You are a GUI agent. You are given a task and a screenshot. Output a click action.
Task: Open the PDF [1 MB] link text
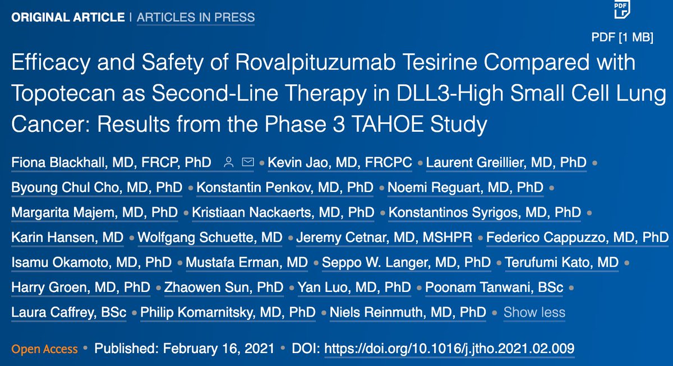click(x=622, y=38)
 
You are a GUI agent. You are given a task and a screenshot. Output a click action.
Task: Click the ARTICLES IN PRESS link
click(x=196, y=17)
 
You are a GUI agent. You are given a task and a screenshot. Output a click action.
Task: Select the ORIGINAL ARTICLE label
click(x=68, y=17)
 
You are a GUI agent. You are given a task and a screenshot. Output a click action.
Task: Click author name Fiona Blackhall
click(x=111, y=163)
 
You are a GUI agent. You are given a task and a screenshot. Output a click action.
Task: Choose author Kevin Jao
click(x=340, y=163)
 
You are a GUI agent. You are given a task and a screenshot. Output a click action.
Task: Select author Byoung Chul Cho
click(x=96, y=187)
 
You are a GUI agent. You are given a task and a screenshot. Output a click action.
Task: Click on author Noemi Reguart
click(x=465, y=187)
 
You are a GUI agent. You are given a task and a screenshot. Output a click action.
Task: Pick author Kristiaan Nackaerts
click(x=283, y=213)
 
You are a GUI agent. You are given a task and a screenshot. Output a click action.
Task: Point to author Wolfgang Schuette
click(x=210, y=237)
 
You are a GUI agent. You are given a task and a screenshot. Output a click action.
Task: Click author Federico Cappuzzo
click(x=577, y=237)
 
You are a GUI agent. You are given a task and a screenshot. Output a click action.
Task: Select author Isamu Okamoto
click(x=91, y=262)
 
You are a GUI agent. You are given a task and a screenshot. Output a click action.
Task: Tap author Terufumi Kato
click(x=561, y=262)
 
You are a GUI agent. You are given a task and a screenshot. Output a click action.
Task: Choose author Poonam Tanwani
click(x=494, y=287)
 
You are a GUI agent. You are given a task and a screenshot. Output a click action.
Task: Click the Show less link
click(x=534, y=312)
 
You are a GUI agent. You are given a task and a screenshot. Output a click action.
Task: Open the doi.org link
click(x=449, y=349)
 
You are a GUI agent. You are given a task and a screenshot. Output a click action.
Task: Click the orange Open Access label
click(x=44, y=349)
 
